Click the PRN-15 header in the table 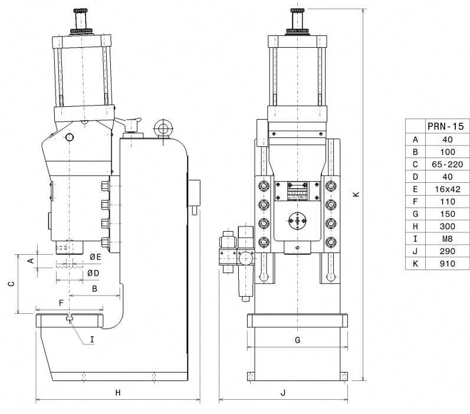(445, 126)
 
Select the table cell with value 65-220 (447, 165)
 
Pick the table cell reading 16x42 (447, 189)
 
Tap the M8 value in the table (447, 239)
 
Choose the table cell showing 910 (447, 264)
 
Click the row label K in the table (415, 264)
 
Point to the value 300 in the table (447, 226)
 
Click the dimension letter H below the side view (118, 392)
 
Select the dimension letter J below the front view (283, 392)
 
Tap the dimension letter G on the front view (297, 340)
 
